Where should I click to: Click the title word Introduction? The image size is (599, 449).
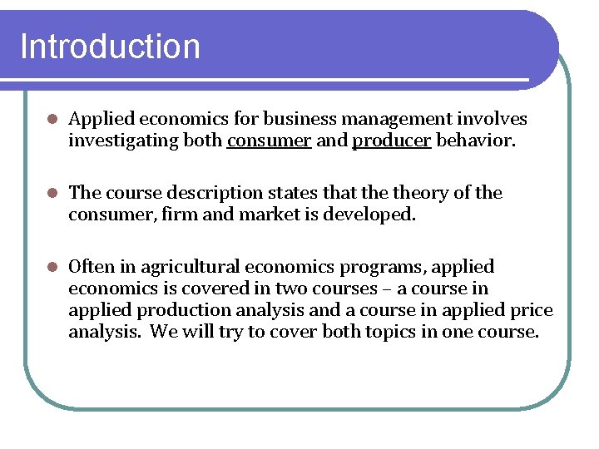coord(110,47)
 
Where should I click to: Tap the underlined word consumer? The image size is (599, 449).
coord(269,141)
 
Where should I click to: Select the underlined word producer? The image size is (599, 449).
coord(392,141)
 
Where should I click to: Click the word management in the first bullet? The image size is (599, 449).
coord(384,120)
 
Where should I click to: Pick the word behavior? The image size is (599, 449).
coord(476,141)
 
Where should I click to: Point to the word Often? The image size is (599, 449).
coord(91,267)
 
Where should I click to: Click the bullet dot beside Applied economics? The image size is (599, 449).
coord(51,120)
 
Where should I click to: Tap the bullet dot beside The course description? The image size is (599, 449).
coord(51,193)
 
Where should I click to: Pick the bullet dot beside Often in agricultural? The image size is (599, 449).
coord(51,267)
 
